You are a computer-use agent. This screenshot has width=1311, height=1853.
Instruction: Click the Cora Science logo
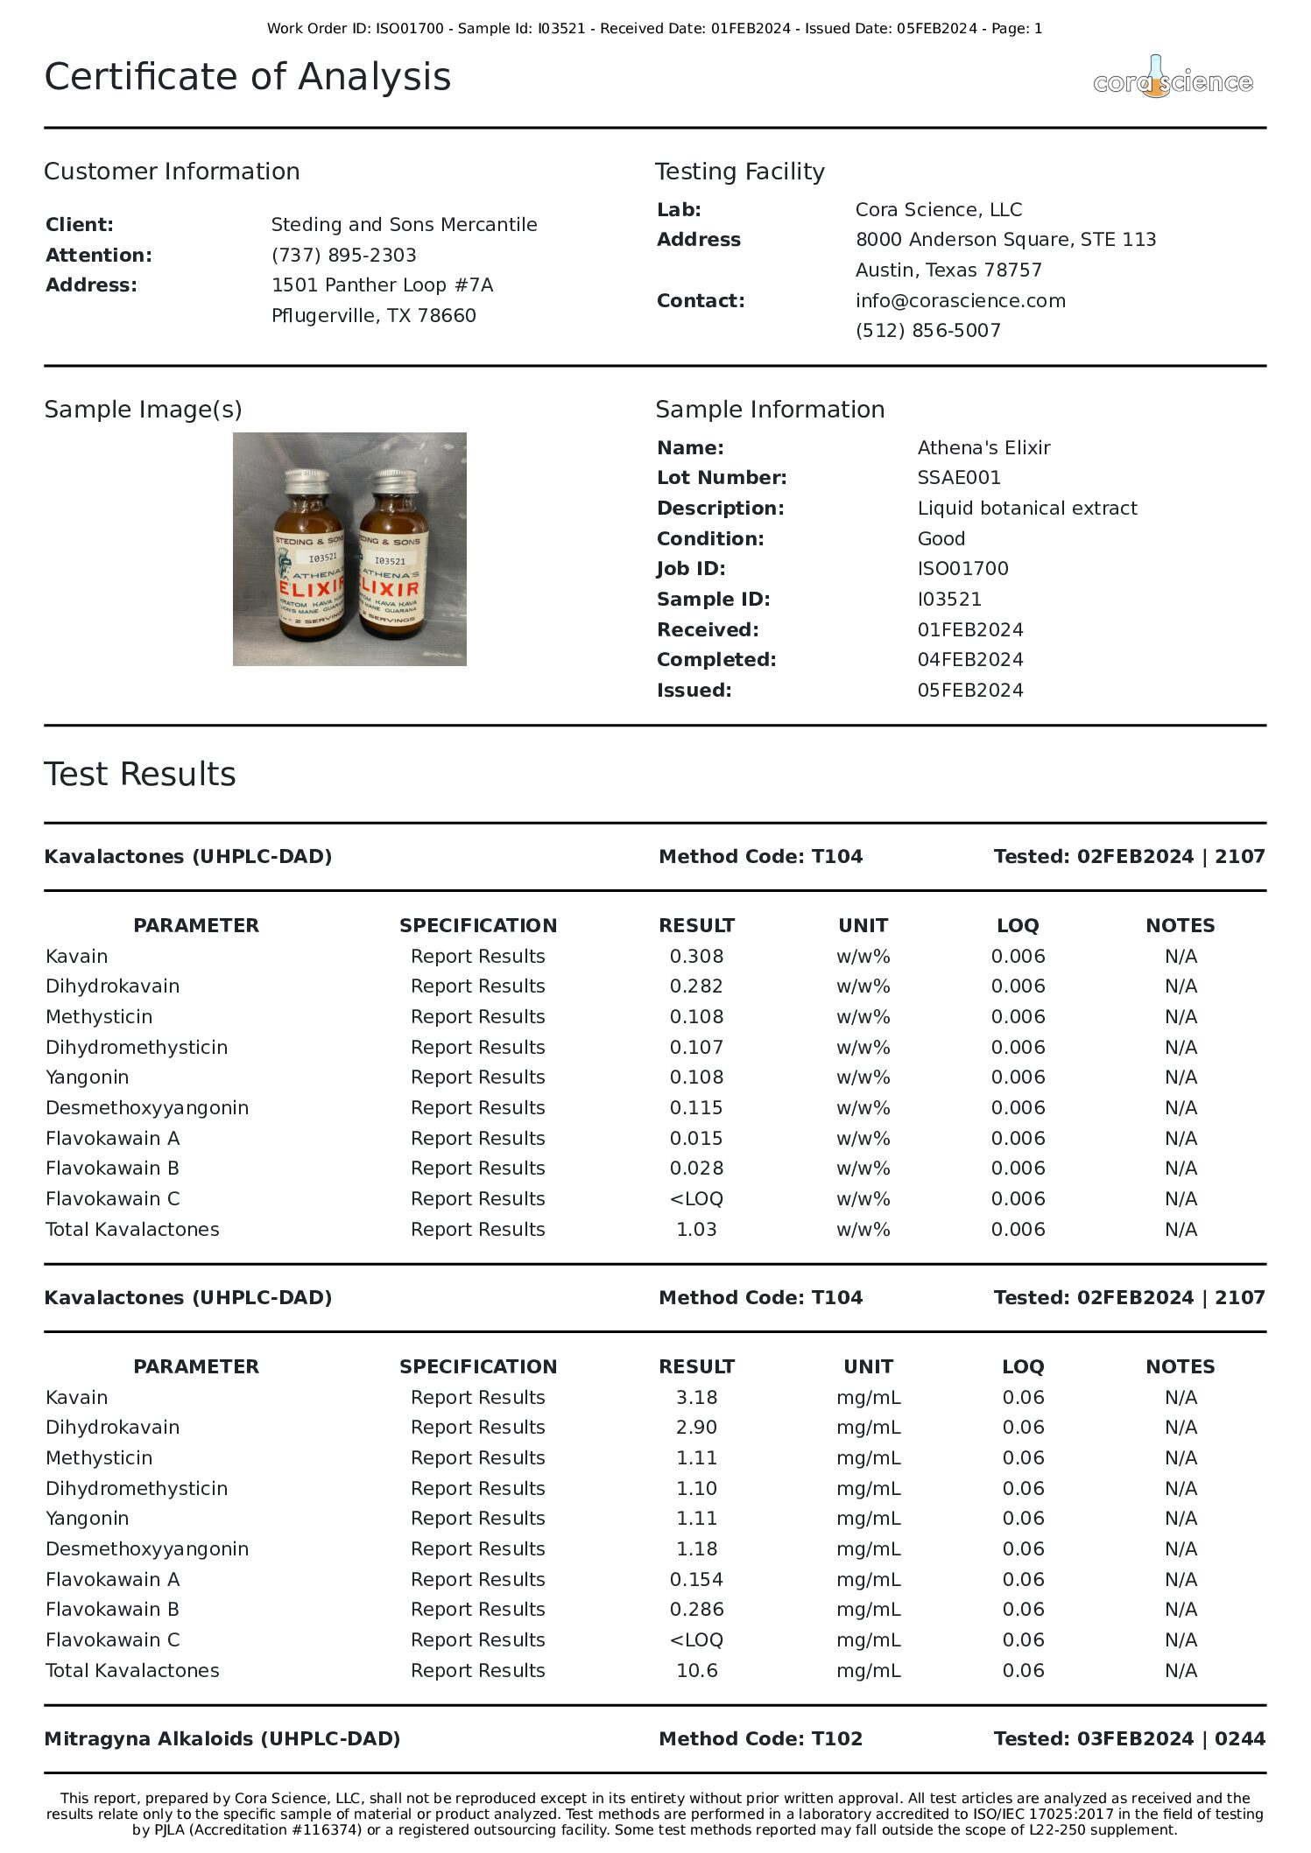(x=1173, y=79)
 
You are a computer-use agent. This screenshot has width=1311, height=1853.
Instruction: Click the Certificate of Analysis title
(x=248, y=77)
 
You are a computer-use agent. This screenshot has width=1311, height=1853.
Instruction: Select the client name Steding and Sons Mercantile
(x=404, y=224)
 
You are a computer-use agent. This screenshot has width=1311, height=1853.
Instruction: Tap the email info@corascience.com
(x=960, y=300)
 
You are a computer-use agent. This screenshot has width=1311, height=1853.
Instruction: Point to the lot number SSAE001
(x=958, y=477)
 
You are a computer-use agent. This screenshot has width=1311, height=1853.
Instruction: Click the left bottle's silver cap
(x=306, y=481)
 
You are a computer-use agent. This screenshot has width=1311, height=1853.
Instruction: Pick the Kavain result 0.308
(x=696, y=956)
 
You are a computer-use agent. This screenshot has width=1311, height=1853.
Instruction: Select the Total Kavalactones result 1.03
(x=696, y=1229)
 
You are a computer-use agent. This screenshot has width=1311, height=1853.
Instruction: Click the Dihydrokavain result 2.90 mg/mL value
(x=696, y=1427)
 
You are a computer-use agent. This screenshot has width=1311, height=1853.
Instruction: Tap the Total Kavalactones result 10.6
(x=696, y=1670)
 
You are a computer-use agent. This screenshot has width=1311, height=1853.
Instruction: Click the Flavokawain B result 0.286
(x=696, y=1609)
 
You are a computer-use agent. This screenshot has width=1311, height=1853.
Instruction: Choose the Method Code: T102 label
(x=760, y=1738)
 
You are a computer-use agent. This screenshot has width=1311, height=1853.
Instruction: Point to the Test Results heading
(x=140, y=774)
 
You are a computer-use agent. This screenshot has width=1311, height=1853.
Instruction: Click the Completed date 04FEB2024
(x=969, y=659)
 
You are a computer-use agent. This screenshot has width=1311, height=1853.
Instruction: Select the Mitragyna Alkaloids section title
(x=222, y=1738)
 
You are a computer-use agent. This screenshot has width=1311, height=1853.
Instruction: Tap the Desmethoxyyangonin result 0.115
(x=696, y=1107)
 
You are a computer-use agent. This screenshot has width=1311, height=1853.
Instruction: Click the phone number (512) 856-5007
(x=927, y=330)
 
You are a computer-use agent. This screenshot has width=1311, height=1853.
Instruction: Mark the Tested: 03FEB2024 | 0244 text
(x=1129, y=1738)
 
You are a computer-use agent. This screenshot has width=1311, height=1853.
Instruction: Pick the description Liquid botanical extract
(x=1026, y=508)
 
